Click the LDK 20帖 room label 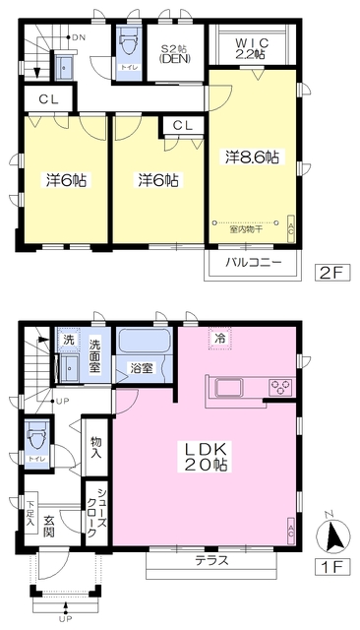[x=203, y=456]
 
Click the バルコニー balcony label [x=254, y=263]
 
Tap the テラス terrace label [x=210, y=562]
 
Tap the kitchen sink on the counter [x=228, y=385]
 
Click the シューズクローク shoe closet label [x=97, y=512]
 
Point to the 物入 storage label [x=95, y=449]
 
